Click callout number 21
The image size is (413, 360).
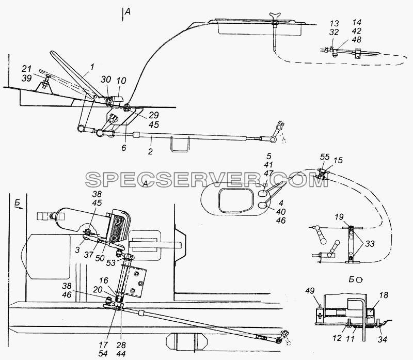coord(27,69)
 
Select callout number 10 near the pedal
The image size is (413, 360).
coord(122,81)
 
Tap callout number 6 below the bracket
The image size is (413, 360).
coord(124,148)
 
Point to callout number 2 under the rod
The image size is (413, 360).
coord(150,151)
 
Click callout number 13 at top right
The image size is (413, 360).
coord(334,23)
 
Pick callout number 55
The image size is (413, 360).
coord(325,157)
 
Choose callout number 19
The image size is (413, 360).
coord(339,217)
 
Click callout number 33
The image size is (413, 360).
coord(370,243)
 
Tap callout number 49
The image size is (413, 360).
coord(310,291)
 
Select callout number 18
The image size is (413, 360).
coord(384,295)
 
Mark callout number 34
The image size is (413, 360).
coord(382,340)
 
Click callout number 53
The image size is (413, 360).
coord(111,263)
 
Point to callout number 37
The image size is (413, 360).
coord(89,254)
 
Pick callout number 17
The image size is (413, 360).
coord(103,345)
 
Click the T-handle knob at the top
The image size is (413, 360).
coord(275,17)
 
